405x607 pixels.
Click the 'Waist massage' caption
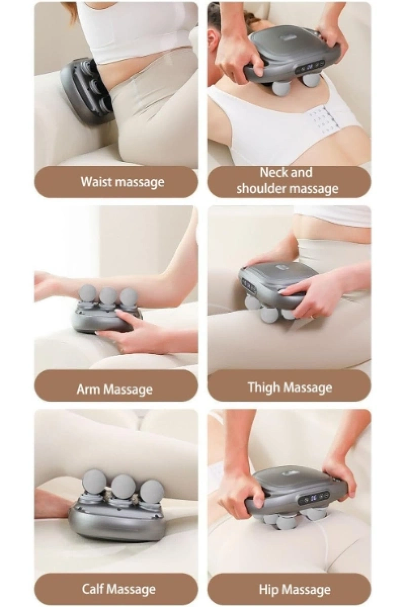123,182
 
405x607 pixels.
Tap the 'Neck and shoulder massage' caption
287,180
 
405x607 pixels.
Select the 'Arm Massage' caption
114,389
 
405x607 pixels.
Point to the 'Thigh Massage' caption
290,387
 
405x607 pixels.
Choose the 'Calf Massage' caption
119,587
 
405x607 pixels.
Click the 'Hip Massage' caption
295,587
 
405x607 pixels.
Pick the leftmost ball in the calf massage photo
94,483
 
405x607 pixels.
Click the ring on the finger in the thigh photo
312,317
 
